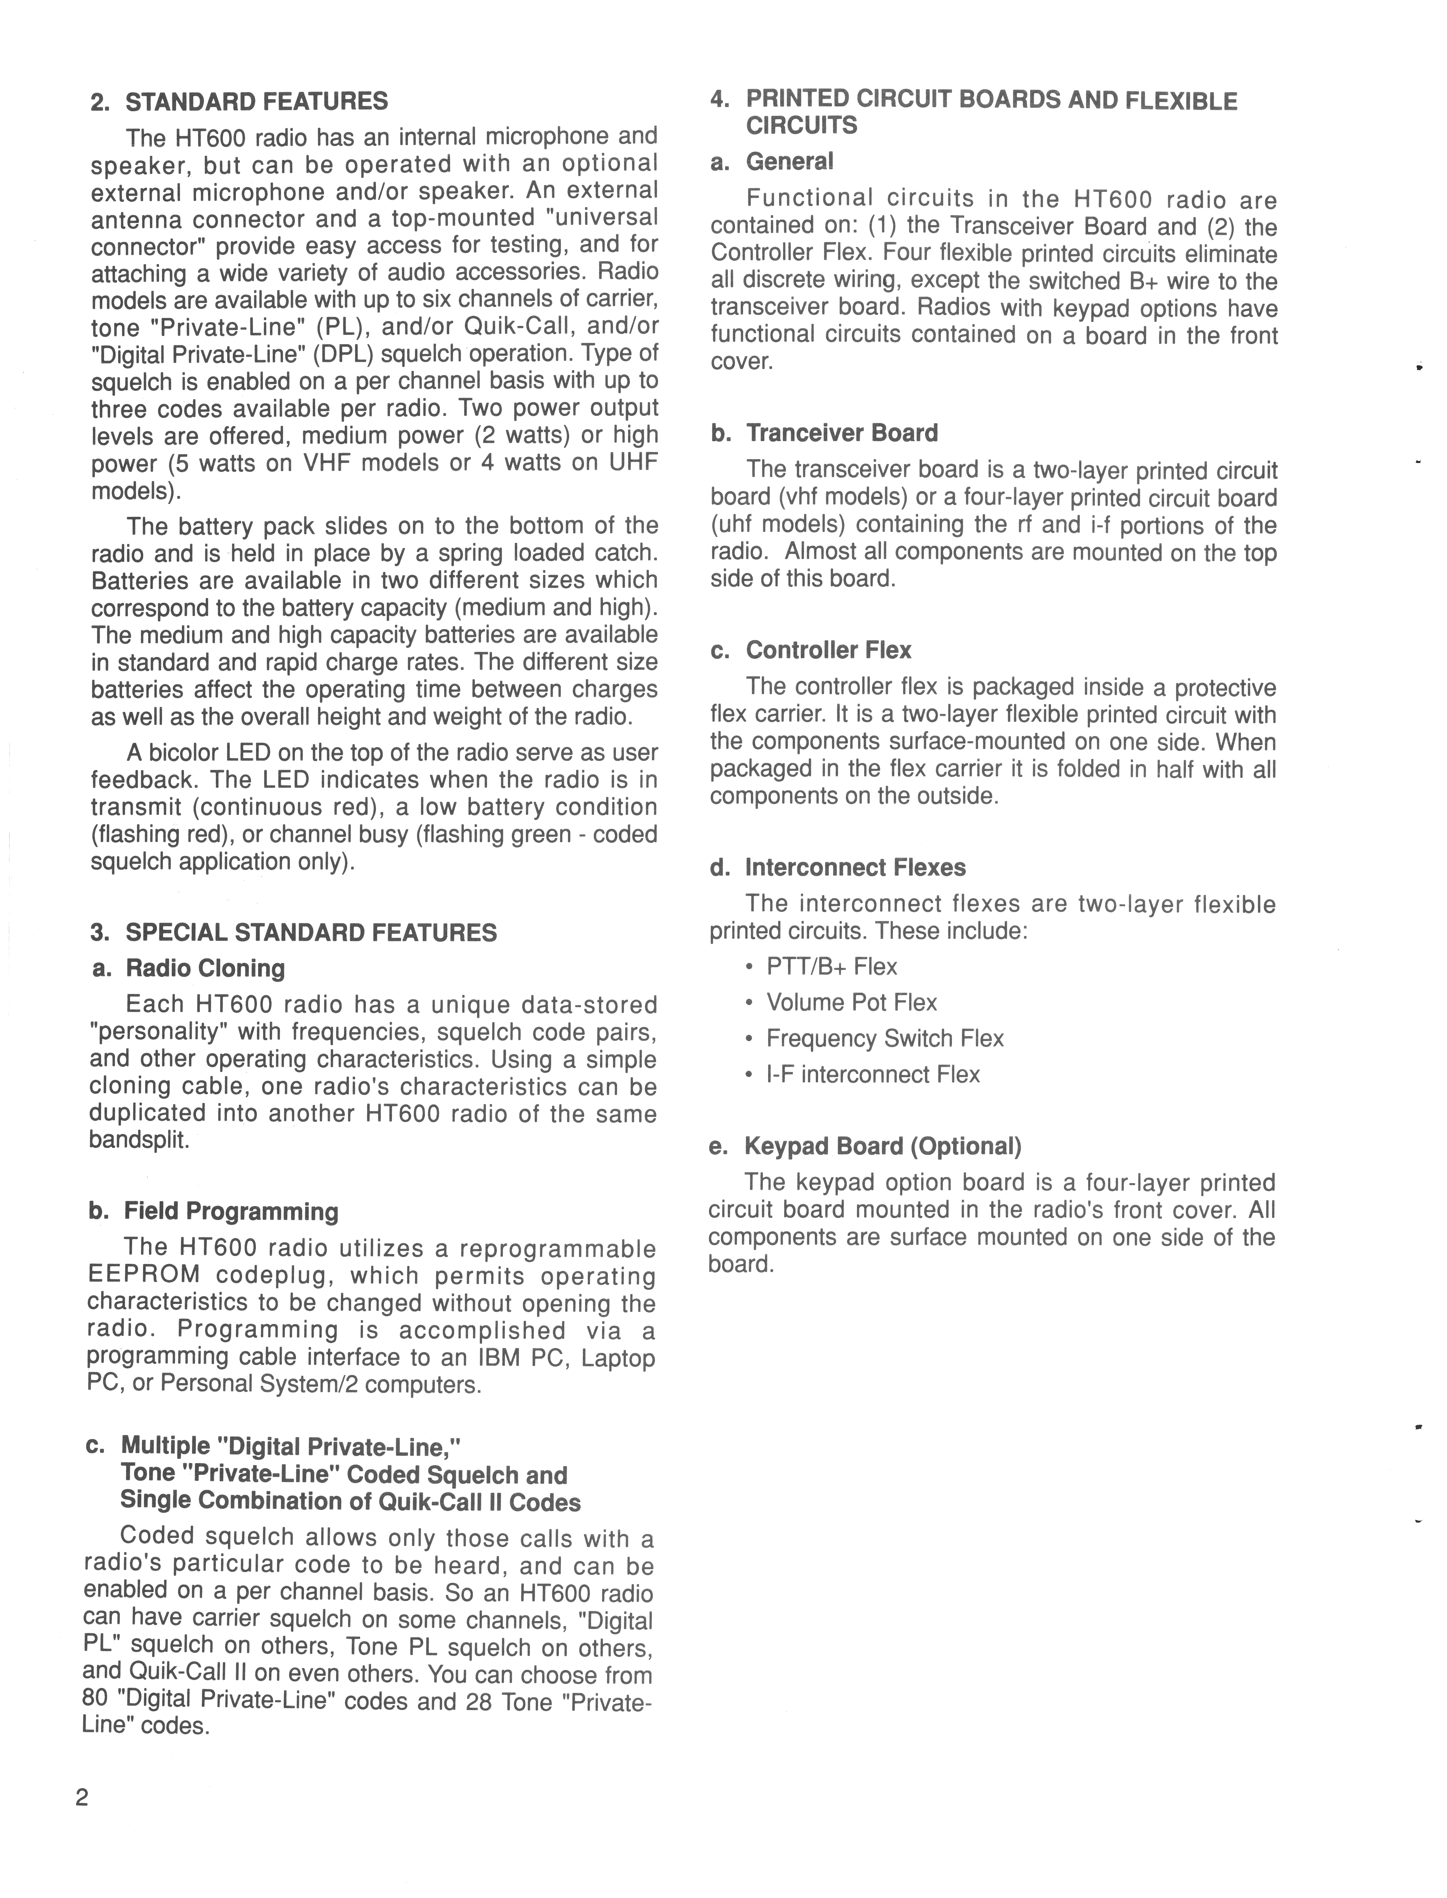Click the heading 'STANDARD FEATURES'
[x=257, y=102]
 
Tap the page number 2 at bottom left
[x=82, y=1798]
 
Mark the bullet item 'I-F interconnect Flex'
[x=873, y=1075]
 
